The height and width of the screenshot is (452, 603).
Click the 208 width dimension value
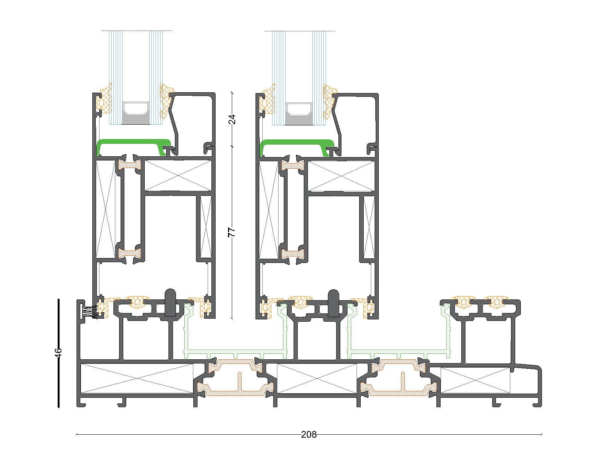(x=309, y=434)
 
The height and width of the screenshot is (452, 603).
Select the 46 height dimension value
(x=58, y=353)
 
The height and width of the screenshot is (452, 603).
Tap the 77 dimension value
(x=231, y=232)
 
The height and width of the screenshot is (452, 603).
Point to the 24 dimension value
(x=232, y=119)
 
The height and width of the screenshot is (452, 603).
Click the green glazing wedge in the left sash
(x=133, y=145)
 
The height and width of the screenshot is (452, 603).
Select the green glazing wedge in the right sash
(x=297, y=146)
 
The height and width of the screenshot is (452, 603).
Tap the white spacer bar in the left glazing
(x=136, y=109)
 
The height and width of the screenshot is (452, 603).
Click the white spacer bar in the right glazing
(x=299, y=109)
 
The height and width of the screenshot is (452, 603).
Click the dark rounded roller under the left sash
(x=170, y=302)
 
